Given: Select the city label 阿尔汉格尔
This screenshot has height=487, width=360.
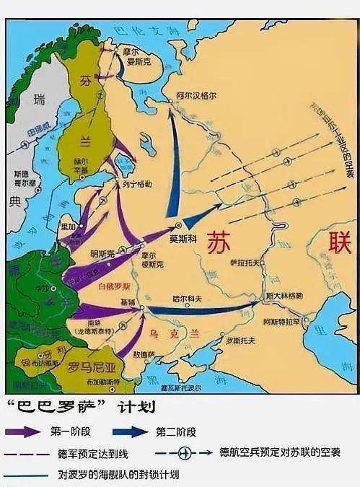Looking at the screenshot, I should click(196, 94).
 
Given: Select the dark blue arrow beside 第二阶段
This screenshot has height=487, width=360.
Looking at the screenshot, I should click(136, 431).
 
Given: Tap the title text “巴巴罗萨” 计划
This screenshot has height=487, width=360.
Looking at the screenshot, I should click(79, 408).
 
